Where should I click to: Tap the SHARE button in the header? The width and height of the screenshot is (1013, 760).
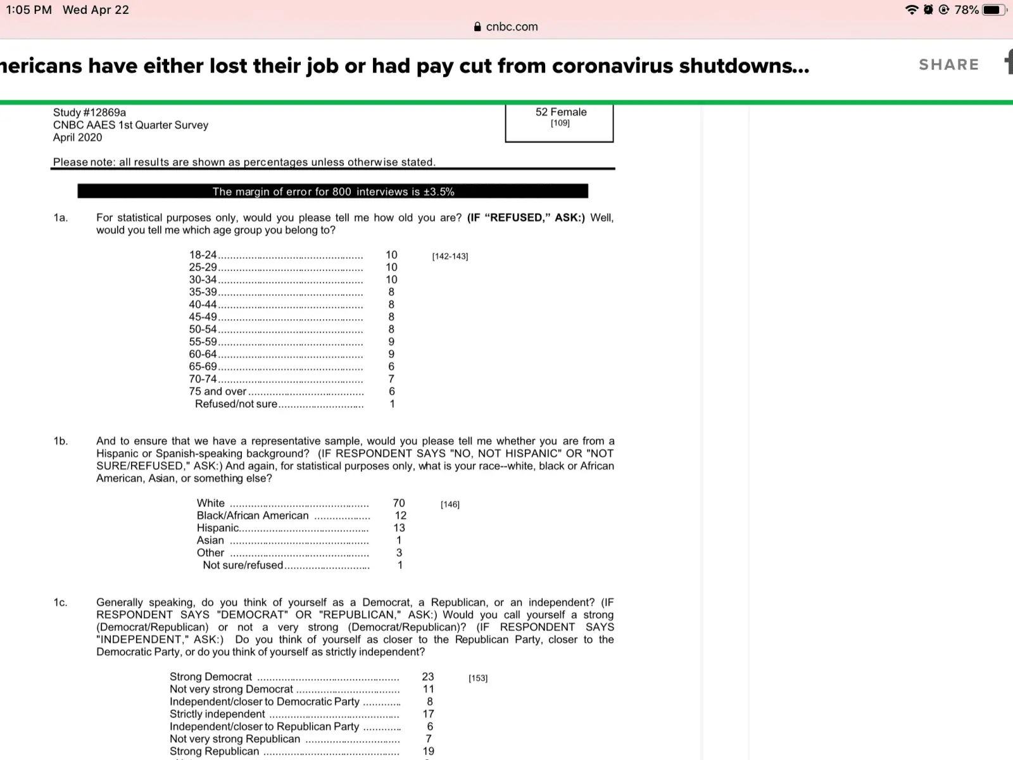click(948, 65)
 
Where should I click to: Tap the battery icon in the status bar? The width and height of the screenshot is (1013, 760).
click(993, 9)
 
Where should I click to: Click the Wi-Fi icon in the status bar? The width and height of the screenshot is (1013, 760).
click(912, 9)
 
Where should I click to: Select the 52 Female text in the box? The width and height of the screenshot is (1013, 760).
click(561, 112)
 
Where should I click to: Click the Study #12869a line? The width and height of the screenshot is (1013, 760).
click(89, 113)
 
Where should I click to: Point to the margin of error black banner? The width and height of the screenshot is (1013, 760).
click(333, 191)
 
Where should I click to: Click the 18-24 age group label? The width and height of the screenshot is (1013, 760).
click(203, 255)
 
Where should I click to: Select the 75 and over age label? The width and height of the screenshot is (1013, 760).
click(217, 391)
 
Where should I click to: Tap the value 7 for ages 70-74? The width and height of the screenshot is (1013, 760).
click(391, 379)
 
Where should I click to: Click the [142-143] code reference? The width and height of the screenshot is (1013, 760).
click(450, 256)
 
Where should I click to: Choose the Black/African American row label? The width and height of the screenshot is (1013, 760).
click(253, 516)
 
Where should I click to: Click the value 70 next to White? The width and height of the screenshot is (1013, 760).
click(399, 503)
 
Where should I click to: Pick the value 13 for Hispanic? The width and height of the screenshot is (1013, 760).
click(399, 528)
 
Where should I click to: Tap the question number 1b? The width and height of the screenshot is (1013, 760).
click(60, 441)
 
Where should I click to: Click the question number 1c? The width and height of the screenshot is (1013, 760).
click(60, 602)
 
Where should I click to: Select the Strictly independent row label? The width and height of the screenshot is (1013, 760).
click(217, 714)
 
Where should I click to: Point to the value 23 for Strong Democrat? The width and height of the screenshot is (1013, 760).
click(428, 676)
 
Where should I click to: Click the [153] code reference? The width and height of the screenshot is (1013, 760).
click(478, 678)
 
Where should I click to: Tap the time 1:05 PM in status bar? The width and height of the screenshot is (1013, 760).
click(28, 9)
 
